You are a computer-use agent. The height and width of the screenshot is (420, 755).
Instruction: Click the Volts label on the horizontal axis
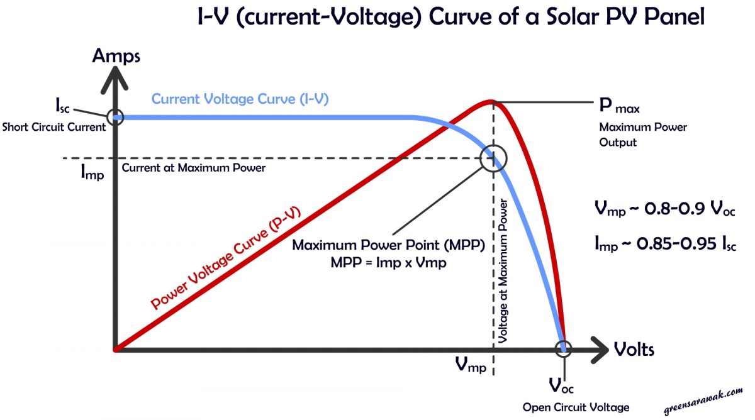pyautogui.click(x=634, y=349)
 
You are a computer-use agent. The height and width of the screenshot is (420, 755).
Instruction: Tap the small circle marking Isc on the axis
pyautogui.click(x=115, y=117)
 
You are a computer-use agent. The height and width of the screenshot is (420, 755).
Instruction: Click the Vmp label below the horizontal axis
pyautogui.click(x=470, y=365)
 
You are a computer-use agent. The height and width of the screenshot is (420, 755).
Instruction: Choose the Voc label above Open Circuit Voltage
pyautogui.click(x=561, y=385)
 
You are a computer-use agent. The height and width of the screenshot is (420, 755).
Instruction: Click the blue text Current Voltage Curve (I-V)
pyautogui.click(x=240, y=99)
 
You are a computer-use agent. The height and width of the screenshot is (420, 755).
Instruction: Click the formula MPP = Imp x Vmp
pyautogui.click(x=388, y=263)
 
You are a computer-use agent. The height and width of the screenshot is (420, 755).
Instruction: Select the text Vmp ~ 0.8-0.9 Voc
pyautogui.click(x=664, y=209)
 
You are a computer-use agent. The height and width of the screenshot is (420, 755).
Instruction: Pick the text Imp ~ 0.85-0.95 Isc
pyautogui.click(x=664, y=244)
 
